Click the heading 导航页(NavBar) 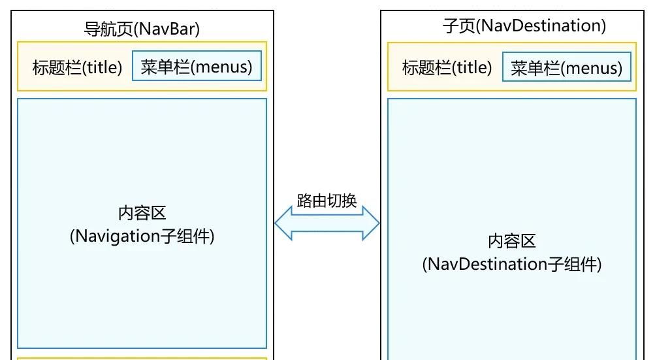tap(142, 29)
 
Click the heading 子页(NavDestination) tap(524, 26)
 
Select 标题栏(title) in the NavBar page tap(77, 67)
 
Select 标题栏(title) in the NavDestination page tap(447, 67)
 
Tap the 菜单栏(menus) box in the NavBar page tap(197, 67)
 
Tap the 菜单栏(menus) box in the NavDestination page tap(567, 67)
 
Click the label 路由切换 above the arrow tap(327, 201)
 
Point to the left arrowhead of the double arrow tap(283, 224)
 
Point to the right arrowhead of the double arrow tap(372, 224)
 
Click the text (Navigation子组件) tap(142, 236)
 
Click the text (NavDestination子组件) tap(511, 264)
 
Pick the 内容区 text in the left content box tap(142, 213)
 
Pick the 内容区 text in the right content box tap(511, 241)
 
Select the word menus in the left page tap(222, 67)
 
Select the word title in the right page tap(471, 67)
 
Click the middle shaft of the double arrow tap(327, 224)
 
